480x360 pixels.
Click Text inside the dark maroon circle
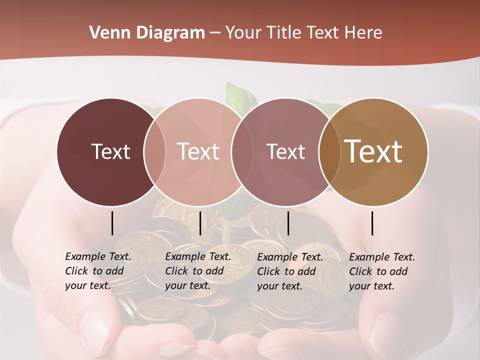click(110, 151)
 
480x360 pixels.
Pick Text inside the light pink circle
click(198, 151)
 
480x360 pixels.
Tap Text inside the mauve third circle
click(285, 151)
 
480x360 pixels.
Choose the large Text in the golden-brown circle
click(373, 151)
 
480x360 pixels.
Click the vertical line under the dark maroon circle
click(112, 223)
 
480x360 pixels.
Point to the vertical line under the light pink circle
click(200, 223)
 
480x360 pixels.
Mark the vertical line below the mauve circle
click(288, 223)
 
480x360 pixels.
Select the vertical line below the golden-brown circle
click(372, 223)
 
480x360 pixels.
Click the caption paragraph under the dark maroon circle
click(97, 271)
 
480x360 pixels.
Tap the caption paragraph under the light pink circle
click(197, 271)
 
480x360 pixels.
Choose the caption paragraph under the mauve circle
click(289, 271)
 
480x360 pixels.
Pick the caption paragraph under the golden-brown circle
click(381, 271)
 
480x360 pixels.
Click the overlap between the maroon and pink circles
click(154, 151)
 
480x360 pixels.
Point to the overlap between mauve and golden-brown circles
click(329, 151)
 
